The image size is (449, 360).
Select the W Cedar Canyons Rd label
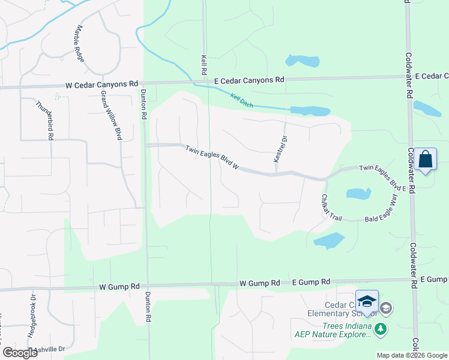pos(102,85)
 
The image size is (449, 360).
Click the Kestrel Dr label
pos(277,150)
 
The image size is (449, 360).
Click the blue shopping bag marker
pos(425,160)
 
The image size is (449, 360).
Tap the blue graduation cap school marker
pos(366,302)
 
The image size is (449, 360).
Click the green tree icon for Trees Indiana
pos(380,328)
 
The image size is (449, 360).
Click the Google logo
pos(19,353)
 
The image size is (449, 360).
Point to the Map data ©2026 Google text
pos(411,355)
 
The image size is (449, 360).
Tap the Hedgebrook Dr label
pos(32,314)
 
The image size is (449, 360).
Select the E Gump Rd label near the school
pos(311,281)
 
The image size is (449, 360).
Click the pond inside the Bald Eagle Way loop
pos(357,194)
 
